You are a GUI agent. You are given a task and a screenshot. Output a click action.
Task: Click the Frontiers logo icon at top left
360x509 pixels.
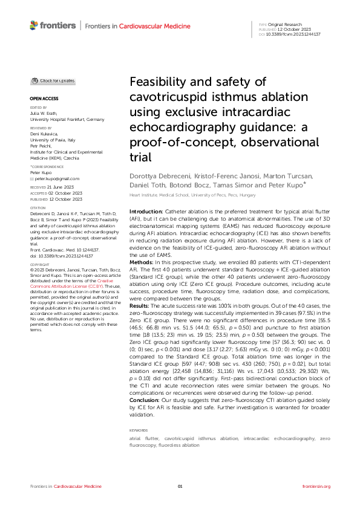[x=34, y=25]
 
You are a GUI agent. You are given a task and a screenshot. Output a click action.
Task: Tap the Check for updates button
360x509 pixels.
[x=53, y=80]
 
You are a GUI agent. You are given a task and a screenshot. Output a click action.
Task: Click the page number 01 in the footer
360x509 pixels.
[x=180, y=486]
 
